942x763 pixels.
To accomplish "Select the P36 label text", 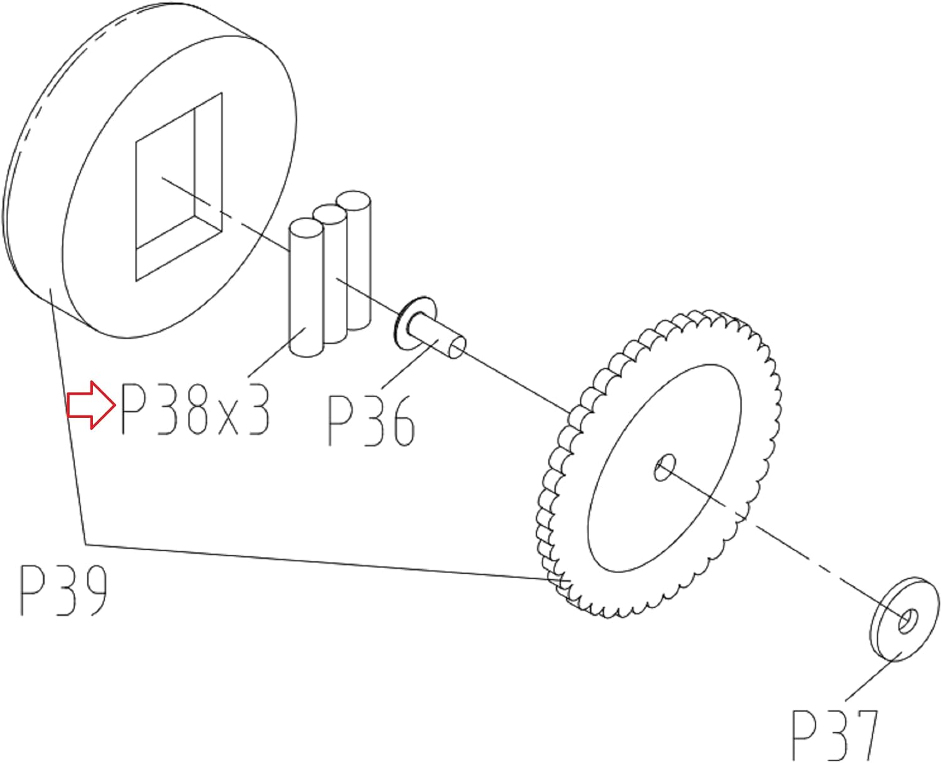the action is (371, 421).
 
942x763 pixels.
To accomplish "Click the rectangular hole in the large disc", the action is (179, 186).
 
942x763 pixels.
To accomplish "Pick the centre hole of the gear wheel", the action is (664, 468).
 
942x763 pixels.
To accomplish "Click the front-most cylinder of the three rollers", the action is (306, 288).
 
